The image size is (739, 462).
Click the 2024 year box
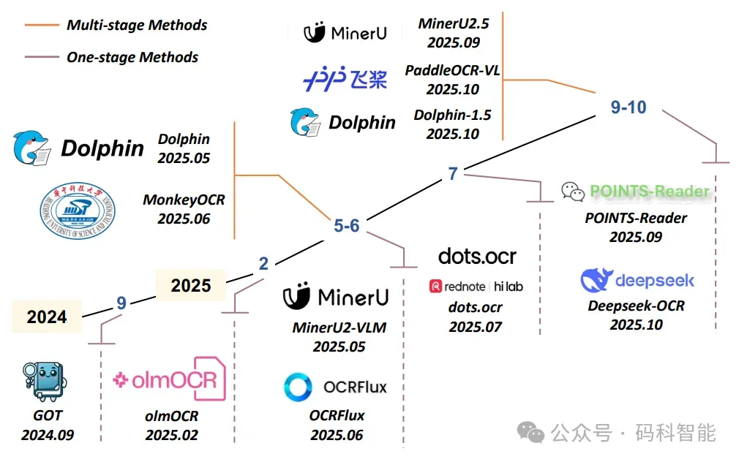point(47,317)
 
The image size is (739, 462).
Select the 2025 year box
point(191,285)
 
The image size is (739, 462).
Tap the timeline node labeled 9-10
point(629,107)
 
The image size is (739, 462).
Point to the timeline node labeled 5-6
point(346,226)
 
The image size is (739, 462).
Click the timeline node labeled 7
point(453,173)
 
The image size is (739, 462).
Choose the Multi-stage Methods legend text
point(137,25)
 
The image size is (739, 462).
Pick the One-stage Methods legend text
point(132,57)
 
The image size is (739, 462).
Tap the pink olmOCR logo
point(170,378)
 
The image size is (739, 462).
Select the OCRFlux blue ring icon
point(299,387)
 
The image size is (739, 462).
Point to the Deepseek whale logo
point(596,281)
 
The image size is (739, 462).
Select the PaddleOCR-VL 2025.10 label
point(452,80)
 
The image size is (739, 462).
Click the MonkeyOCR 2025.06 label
point(184,208)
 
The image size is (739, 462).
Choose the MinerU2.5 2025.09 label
point(452,33)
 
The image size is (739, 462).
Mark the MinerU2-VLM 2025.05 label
point(338,336)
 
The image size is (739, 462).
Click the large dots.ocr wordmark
point(477,256)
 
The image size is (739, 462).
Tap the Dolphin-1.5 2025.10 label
point(452,124)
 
